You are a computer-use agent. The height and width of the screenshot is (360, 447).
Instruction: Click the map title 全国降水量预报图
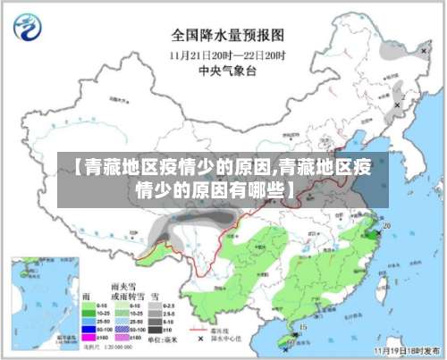click(228, 36)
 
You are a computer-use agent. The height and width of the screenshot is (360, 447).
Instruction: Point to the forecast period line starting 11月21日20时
click(228, 54)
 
